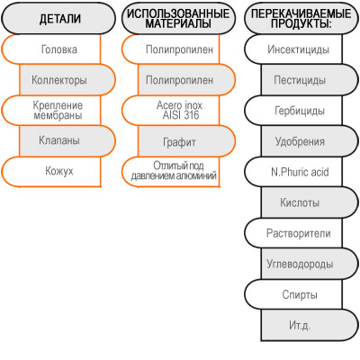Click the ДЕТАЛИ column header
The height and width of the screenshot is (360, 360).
click(x=58, y=18)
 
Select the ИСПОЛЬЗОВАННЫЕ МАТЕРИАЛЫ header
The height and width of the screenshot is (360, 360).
click(x=178, y=18)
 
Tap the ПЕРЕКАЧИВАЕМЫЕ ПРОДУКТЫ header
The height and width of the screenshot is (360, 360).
click(x=301, y=18)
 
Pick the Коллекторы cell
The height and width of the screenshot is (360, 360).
click(x=67, y=80)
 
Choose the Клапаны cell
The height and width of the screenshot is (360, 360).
click(x=67, y=141)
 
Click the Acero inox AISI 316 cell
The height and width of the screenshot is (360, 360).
click(x=171, y=111)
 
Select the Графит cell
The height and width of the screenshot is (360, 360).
click(x=186, y=141)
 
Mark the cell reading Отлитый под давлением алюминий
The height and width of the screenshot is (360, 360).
click(x=171, y=172)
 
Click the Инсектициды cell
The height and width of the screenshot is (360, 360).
click(x=293, y=49)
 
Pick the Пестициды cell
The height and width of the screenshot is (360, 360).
click(x=310, y=80)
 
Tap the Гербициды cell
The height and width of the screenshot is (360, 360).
click(x=293, y=111)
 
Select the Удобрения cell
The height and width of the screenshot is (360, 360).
click(x=310, y=141)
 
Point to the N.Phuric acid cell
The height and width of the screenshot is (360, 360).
click(x=293, y=172)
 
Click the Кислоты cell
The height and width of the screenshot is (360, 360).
click(x=310, y=202)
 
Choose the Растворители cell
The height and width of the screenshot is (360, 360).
click(x=293, y=233)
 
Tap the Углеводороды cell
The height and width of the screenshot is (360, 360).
click(x=310, y=264)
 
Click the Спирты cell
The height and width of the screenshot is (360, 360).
click(x=293, y=294)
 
